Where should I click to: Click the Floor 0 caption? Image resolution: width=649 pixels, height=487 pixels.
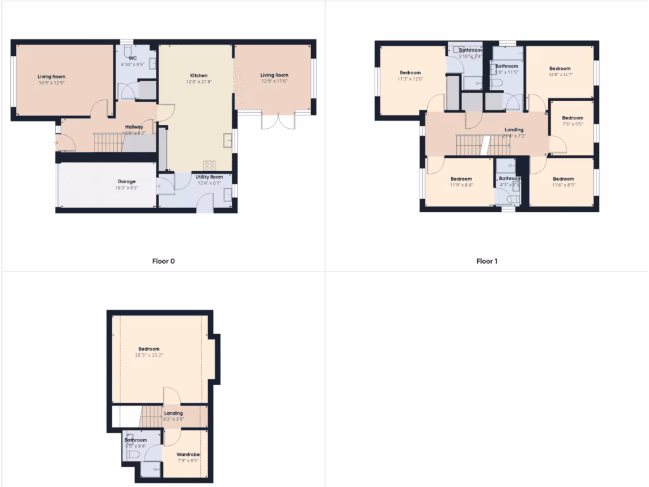click(163, 261)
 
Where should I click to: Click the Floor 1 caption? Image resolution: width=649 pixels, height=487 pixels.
click(487, 261)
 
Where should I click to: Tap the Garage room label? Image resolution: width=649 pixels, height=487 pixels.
click(125, 181)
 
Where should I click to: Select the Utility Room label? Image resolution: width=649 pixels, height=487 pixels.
click(209, 177)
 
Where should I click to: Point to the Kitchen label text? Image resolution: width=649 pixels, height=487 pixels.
click(198, 75)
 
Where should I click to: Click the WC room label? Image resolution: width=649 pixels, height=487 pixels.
click(133, 58)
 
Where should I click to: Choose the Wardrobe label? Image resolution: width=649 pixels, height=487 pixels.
click(189, 454)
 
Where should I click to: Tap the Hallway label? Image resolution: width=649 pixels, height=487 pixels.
click(134, 127)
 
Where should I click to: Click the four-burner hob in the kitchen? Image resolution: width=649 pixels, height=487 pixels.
click(209, 165)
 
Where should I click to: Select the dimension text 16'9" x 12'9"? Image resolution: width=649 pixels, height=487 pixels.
click(52, 82)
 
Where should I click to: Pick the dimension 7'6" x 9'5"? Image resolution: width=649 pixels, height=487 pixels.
click(572, 124)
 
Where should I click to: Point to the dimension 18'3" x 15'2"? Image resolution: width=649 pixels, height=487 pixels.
click(149, 355)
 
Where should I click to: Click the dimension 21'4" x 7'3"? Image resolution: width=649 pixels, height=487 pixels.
click(514, 136)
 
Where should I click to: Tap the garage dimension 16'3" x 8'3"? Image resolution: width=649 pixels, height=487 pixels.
click(125, 188)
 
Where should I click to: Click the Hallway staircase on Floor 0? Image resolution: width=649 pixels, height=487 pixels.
click(107, 142)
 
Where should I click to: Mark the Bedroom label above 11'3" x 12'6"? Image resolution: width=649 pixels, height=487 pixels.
click(410, 72)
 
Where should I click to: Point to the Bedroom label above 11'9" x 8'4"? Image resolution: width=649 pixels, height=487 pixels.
click(461, 179)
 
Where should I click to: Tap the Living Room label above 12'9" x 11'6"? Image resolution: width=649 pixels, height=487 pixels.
click(274, 75)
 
